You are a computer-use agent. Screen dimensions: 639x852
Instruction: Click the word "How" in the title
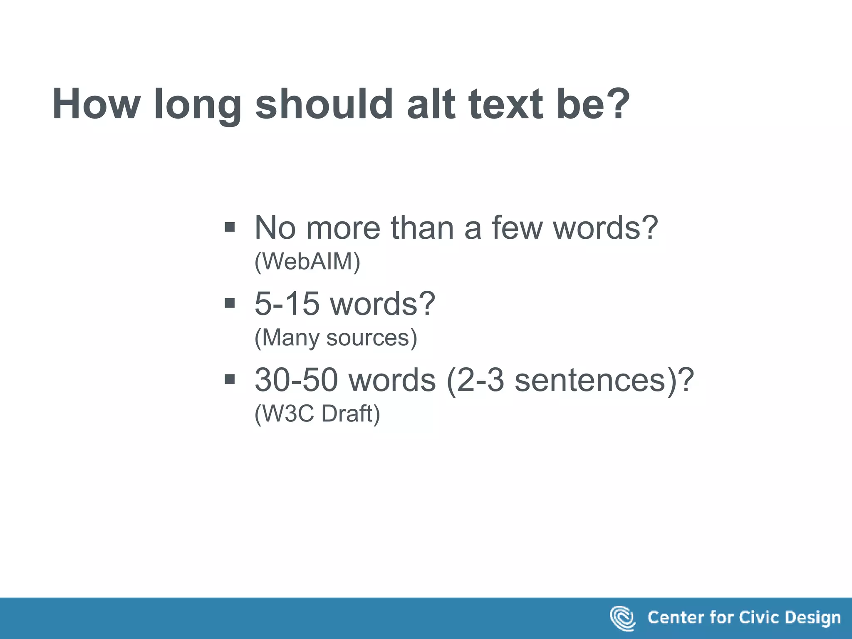96,104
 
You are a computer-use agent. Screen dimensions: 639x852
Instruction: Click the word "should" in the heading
324,104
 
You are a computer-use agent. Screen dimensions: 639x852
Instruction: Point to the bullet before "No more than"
230,227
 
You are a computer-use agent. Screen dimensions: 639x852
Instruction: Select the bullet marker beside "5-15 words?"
230,303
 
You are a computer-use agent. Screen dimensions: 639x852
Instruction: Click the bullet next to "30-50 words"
230,379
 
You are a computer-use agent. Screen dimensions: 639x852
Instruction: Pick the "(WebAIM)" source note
307,262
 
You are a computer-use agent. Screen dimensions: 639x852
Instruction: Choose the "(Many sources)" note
335,337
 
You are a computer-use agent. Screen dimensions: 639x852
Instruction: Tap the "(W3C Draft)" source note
317,414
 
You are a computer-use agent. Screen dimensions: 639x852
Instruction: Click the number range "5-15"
287,303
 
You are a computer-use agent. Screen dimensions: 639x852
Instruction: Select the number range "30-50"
296,379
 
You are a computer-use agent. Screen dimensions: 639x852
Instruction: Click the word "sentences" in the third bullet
590,379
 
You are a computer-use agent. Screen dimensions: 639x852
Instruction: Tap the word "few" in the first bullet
517,228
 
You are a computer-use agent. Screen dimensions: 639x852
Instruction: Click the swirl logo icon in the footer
622,618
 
